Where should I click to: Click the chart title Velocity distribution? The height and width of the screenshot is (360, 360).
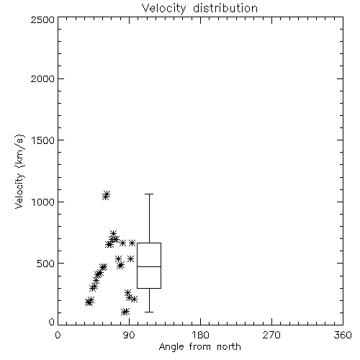point(199,9)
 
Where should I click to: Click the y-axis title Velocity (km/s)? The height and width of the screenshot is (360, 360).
point(19,171)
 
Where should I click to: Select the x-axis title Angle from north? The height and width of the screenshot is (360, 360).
point(199,347)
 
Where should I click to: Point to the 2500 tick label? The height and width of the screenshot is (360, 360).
point(42,19)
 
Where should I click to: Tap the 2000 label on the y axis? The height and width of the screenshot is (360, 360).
point(42,78)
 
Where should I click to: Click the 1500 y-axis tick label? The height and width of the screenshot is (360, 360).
point(43,140)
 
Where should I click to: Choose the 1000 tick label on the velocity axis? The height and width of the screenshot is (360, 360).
point(43,202)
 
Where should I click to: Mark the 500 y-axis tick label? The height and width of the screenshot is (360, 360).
point(46,264)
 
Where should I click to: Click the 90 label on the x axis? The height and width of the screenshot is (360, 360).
point(129,335)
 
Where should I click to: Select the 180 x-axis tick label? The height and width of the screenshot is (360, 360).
point(200,335)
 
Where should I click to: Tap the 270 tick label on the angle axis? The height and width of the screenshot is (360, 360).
point(271,335)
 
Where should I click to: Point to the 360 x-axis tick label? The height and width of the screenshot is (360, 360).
point(343,335)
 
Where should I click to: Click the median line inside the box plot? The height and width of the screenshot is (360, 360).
point(149,266)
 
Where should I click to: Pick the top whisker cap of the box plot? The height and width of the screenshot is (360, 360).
point(149,194)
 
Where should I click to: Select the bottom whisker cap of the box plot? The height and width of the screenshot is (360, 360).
point(149,312)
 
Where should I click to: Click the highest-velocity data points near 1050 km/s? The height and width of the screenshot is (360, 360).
point(106,195)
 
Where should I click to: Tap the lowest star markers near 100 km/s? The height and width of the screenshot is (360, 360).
point(125,312)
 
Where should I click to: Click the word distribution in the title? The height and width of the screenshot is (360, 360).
point(225,9)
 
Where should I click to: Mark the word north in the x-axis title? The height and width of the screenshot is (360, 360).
point(229,347)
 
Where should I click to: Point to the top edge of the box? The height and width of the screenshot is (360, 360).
point(149,243)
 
